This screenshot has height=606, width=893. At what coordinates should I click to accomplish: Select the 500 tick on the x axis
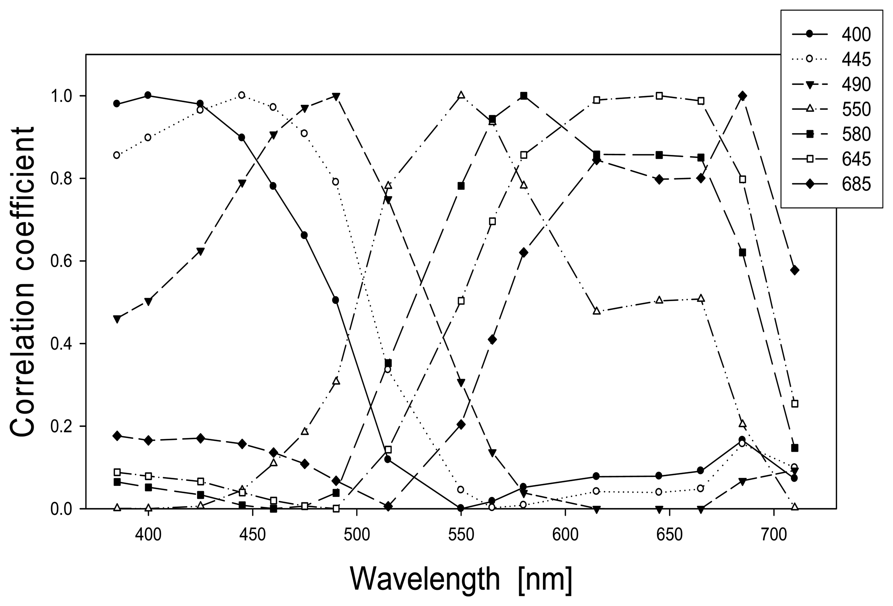[357, 535]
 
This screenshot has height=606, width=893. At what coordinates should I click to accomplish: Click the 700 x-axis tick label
[774, 535]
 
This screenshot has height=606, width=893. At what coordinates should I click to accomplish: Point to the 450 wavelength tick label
[253, 535]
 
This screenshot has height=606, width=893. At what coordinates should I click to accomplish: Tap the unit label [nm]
[546, 579]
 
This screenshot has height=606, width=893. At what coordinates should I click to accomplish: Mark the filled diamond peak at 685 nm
[742, 96]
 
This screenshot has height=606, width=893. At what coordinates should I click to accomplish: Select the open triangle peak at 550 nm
[461, 95]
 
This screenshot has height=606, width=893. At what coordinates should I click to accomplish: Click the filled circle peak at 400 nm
[148, 95]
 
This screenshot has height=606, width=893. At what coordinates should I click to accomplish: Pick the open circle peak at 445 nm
[242, 95]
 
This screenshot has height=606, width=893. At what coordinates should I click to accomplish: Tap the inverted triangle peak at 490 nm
[336, 96]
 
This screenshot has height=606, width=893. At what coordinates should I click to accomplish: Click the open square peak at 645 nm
[659, 96]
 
